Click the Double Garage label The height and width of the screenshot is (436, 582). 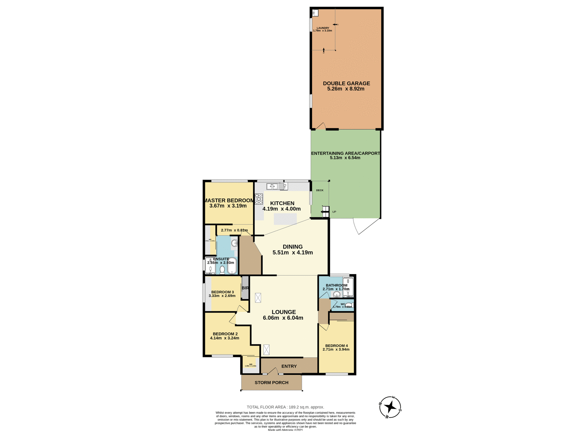coord(346,83)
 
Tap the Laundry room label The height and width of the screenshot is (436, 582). coord(323,28)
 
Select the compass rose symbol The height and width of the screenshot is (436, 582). coord(390,407)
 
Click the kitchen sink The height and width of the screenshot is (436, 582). coord(272,187)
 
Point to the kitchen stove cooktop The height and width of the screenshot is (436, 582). coord(259,199)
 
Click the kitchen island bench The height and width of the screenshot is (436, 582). coord(285,219)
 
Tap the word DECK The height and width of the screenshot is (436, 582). coord(319,190)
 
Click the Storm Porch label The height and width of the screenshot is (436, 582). coord(271,382)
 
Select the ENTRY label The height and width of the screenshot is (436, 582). coord(289,366)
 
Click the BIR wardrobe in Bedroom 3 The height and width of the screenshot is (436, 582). coord(245,288)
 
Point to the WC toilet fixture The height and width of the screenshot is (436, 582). coord(349,305)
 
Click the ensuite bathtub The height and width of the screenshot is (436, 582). coord(232,266)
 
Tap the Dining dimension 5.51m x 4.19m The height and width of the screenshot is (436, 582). coord(293,253)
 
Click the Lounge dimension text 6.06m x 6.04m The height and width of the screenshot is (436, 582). coord(283,318)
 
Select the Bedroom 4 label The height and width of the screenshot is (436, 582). coord(336,345)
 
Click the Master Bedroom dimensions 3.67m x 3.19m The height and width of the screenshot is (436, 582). coord(228,206)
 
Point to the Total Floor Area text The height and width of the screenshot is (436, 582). coord(285,407)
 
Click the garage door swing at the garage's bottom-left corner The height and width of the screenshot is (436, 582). coord(321,126)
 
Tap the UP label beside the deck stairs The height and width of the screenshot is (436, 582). coord(334,212)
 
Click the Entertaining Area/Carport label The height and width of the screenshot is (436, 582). coord(346,153)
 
